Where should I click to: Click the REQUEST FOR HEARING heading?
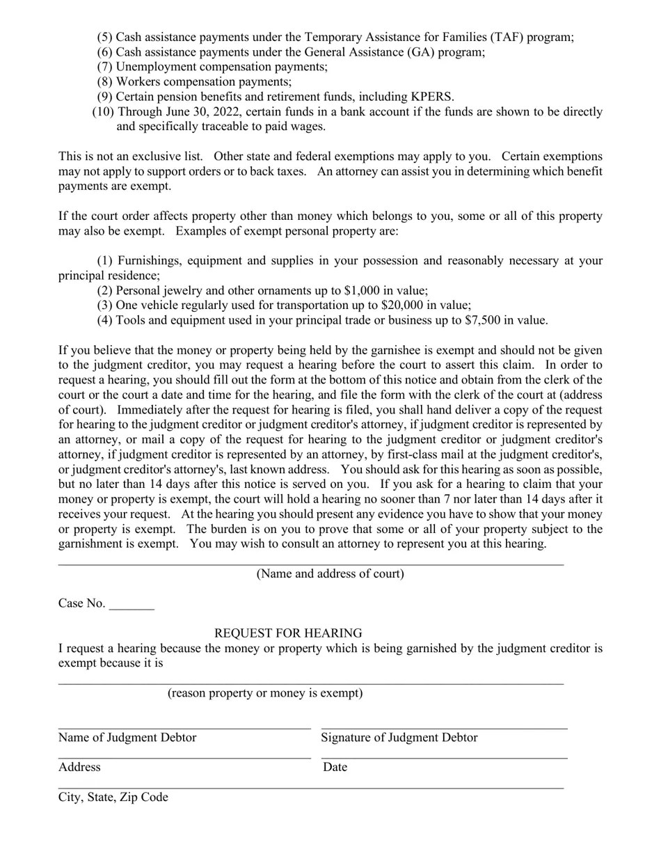pos(288,633)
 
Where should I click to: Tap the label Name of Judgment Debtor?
pos(127,738)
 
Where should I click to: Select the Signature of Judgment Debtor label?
pos(399,738)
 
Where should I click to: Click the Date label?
pos(335,768)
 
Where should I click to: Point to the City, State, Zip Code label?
pos(113,798)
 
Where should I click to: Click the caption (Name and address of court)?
pos(330,574)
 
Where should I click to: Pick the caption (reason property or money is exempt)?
pos(264,693)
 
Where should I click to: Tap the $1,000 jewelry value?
pos(363,291)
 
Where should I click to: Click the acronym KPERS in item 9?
pos(431,97)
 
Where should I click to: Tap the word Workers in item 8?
pos(136,82)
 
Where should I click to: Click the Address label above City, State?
pos(79,768)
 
